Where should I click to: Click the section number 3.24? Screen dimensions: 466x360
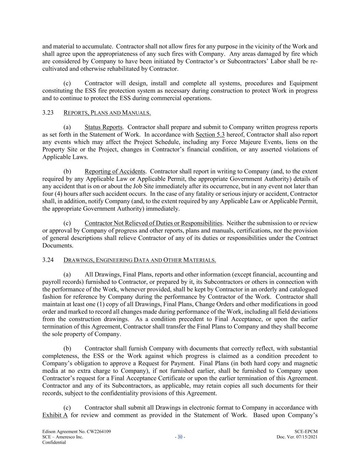[x=48, y=260]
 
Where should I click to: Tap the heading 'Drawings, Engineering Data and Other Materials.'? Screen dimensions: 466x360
[x=140, y=260]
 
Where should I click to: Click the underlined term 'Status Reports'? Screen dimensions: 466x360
[x=103, y=127]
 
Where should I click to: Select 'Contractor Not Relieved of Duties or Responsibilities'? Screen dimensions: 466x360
[x=154, y=223]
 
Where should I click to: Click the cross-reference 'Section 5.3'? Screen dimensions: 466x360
[x=210, y=135]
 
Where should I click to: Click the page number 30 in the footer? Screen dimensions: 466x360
[x=180, y=437]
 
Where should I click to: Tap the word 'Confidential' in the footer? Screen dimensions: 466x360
[x=54, y=442]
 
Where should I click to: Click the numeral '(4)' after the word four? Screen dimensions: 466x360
[x=61, y=194]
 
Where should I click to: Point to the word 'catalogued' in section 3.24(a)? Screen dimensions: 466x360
[x=303, y=290]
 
